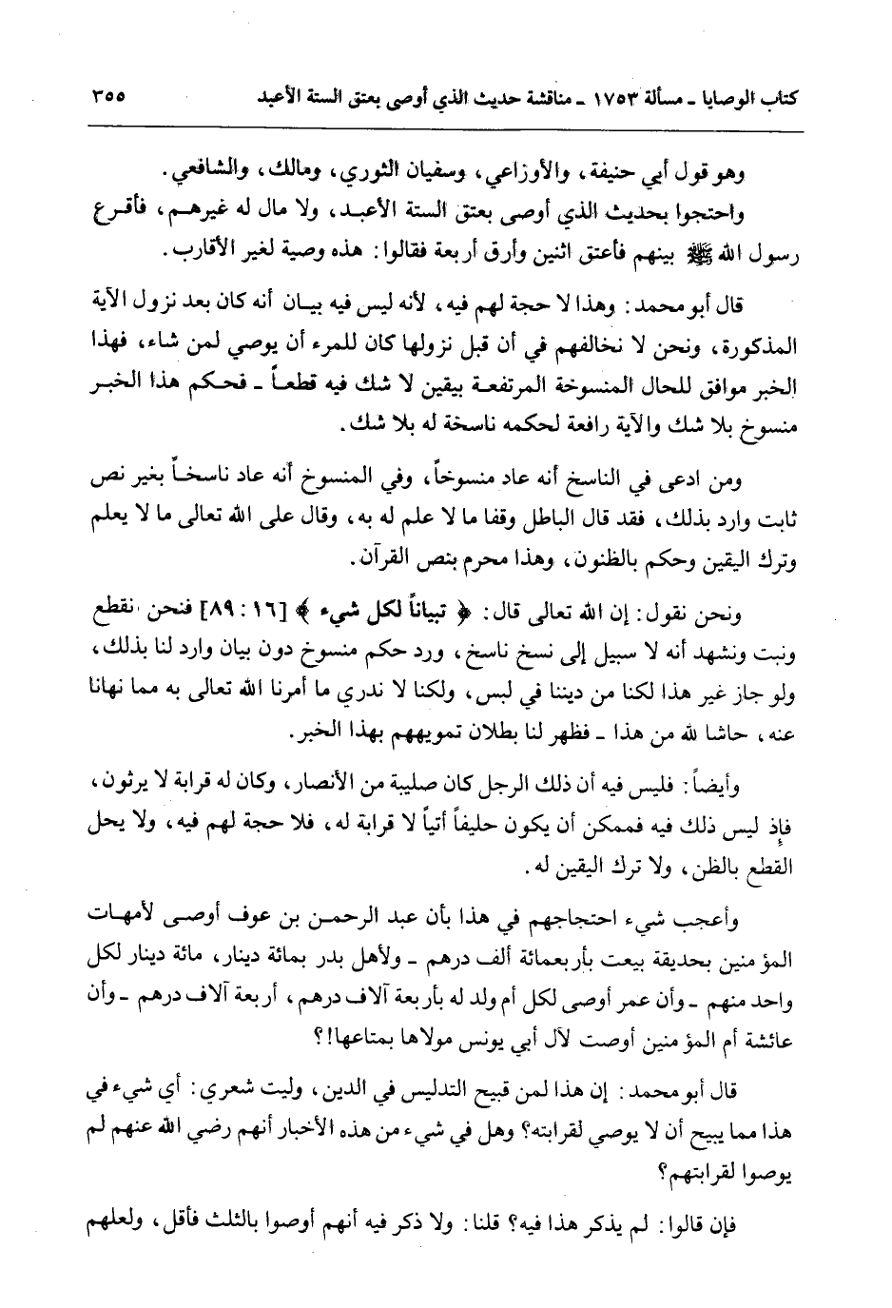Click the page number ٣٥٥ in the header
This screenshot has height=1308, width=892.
111,98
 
